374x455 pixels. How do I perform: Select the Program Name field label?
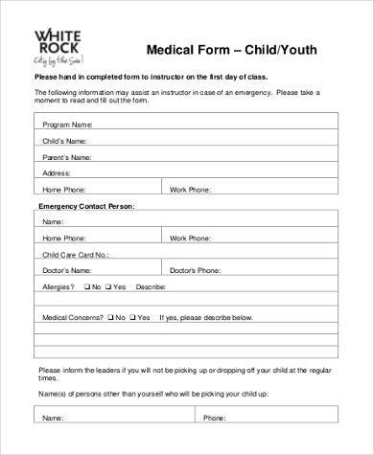pos(67,125)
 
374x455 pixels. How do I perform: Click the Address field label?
pos(58,173)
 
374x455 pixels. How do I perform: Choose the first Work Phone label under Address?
pos(190,190)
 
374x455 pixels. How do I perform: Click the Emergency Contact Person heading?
pos(86,206)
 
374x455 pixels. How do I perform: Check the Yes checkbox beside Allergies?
pos(109,287)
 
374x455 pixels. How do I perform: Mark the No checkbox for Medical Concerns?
pos(111,317)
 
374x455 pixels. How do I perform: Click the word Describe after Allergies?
pos(152,287)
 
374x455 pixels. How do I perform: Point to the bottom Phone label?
pos(216,419)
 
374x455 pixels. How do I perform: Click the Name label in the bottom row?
pos(54,419)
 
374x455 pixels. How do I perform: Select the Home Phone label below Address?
pos(64,190)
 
